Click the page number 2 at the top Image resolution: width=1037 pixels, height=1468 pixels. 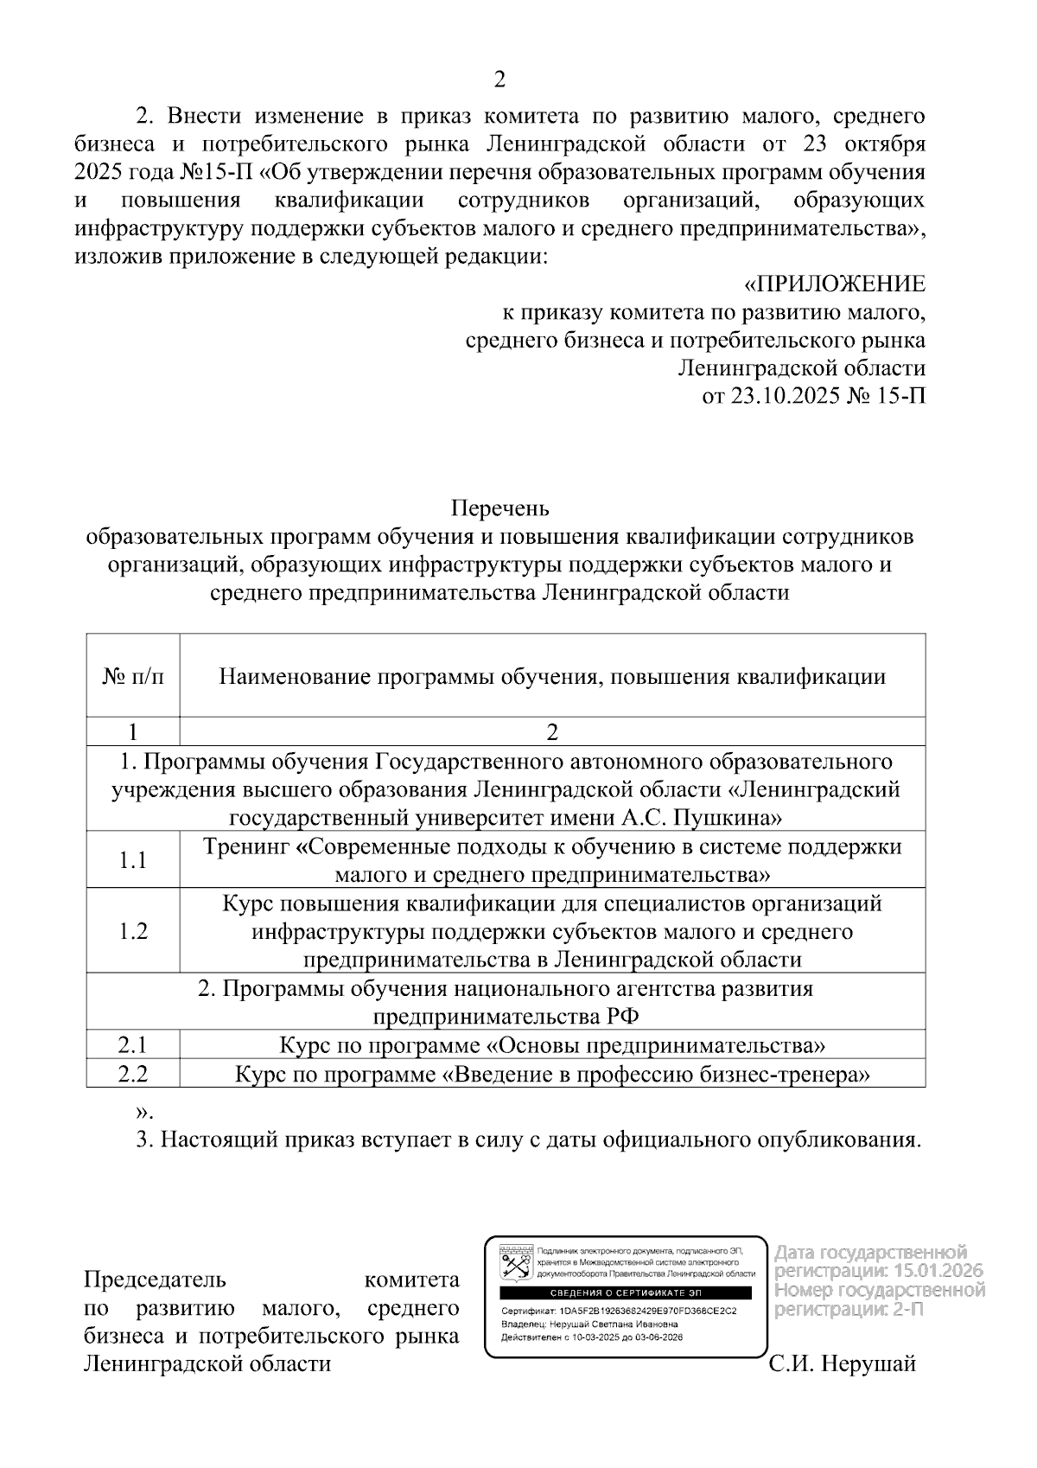tap(499, 80)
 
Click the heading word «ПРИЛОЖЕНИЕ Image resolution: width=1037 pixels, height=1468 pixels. tap(834, 284)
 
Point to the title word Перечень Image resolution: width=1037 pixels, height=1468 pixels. tap(499, 507)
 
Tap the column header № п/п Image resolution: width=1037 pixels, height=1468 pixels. tap(132, 676)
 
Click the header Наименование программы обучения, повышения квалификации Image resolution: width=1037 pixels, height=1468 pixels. tap(552, 676)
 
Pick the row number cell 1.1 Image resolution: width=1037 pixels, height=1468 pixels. tap(132, 860)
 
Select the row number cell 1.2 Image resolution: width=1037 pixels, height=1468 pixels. tap(132, 931)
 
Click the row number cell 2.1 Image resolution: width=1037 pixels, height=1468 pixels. tap(132, 1045)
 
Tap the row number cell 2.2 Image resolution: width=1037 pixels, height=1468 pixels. tap(132, 1074)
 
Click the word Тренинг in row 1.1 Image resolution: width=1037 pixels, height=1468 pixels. tap(246, 846)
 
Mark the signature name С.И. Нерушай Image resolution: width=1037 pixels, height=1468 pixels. tap(842, 1364)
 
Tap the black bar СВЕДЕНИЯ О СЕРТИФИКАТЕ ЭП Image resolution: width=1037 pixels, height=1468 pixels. tap(627, 1292)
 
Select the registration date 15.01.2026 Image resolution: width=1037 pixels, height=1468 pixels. tap(938, 1271)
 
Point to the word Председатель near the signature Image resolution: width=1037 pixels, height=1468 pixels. tap(155, 1280)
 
